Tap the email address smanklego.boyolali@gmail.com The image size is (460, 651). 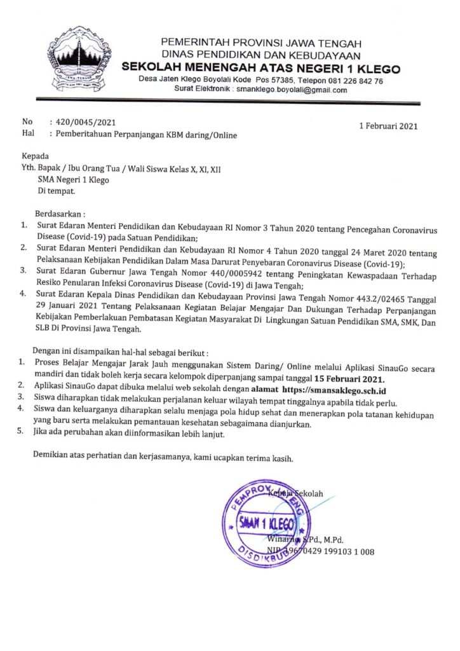(292, 90)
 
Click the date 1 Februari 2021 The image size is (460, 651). (388, 126)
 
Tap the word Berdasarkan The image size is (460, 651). (61, 214)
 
